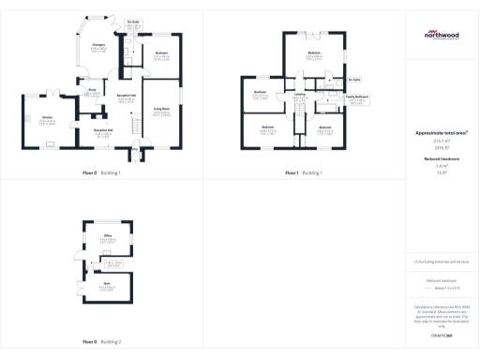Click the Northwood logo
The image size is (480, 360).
pos(442,36)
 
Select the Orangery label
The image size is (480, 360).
pos(98,45)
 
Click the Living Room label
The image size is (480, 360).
pos(161,109)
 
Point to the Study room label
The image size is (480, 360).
pos(93,90)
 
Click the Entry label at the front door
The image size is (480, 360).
pos(135,149)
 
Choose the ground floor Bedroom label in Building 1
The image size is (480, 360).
pos(161,52)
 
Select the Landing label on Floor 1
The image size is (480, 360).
pos(299,94)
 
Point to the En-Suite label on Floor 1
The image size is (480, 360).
pos(353,81)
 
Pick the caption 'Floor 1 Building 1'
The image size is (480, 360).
pos(303,173)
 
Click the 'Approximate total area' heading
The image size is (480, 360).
pos(442,133)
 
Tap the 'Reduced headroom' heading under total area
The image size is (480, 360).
pos(442,158)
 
